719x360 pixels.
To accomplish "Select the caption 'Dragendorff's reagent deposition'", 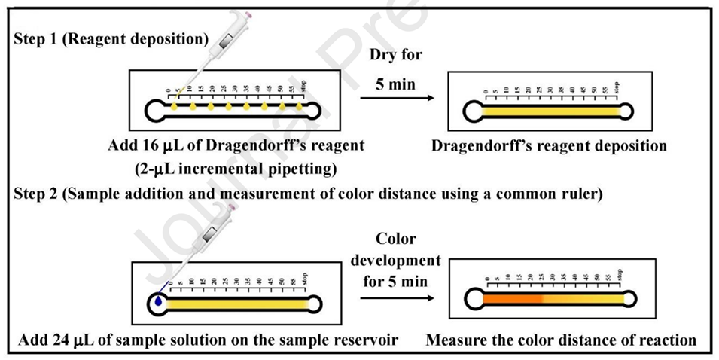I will [550, 145].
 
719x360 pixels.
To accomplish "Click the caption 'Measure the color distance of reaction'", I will [561, 340].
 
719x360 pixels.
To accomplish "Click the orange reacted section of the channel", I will [512, 299].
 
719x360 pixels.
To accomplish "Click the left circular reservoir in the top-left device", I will [154, 111].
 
